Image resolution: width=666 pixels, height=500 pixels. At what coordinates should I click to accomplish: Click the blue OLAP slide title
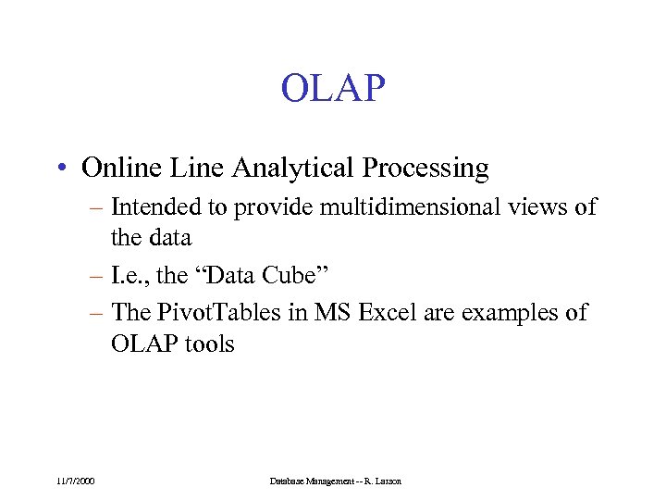click(x=332, y=89)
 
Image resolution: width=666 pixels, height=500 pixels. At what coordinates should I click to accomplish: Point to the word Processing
click(x=425, y=169)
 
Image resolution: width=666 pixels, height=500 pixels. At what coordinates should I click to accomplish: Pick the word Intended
click(x=151, y=207)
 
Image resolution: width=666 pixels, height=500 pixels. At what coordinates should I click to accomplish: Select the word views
click(x=541, y=207)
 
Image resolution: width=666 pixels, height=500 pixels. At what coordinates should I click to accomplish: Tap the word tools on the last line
click(x=210, y=344)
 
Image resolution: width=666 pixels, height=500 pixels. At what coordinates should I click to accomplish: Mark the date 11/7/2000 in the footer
click(x=75, y=481)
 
